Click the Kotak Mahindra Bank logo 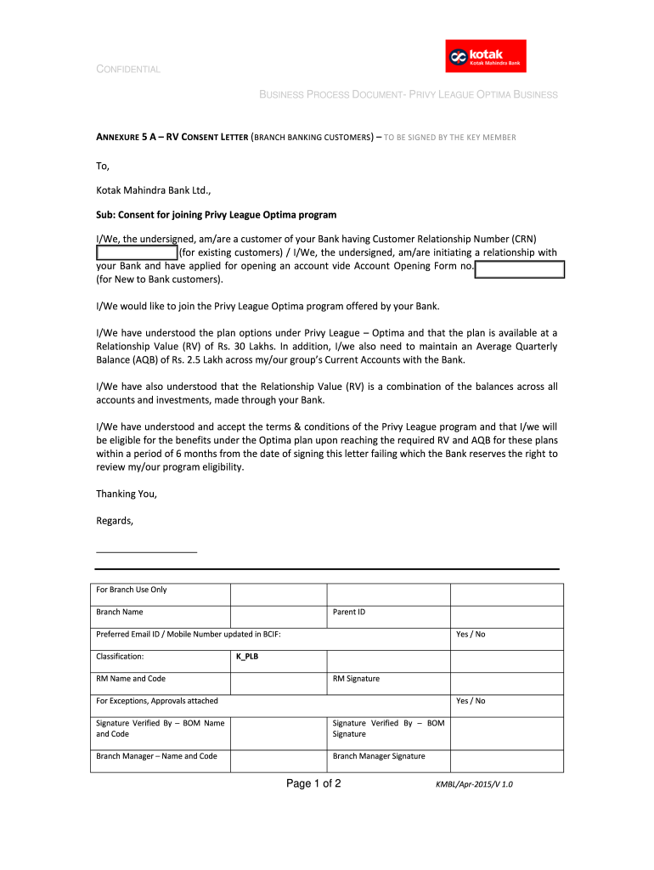[x=486, y=56]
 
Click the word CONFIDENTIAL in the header [x=127, y=69]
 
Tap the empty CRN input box [x=136, y=252]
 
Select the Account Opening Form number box [x=520, y=269]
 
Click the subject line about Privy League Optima [x=216, y=215]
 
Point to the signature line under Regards [x=146, y=551]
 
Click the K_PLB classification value [x=246, y=656]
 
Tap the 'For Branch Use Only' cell [x=132, y=590]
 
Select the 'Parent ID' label [x=349, y=612]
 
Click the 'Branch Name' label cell [x=120, y=612]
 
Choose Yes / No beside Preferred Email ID [x=471, y=634]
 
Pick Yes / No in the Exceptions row [x=471, y=701]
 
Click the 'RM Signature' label [x=356, y=679]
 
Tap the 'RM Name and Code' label [x=131, y=679]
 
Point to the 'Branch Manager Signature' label [x=379, y=756]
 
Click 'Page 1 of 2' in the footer [x=313, y=783]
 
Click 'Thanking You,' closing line [x=127, y=494]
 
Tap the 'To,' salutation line [x=104, y=167]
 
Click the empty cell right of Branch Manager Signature [x=506, y=760]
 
